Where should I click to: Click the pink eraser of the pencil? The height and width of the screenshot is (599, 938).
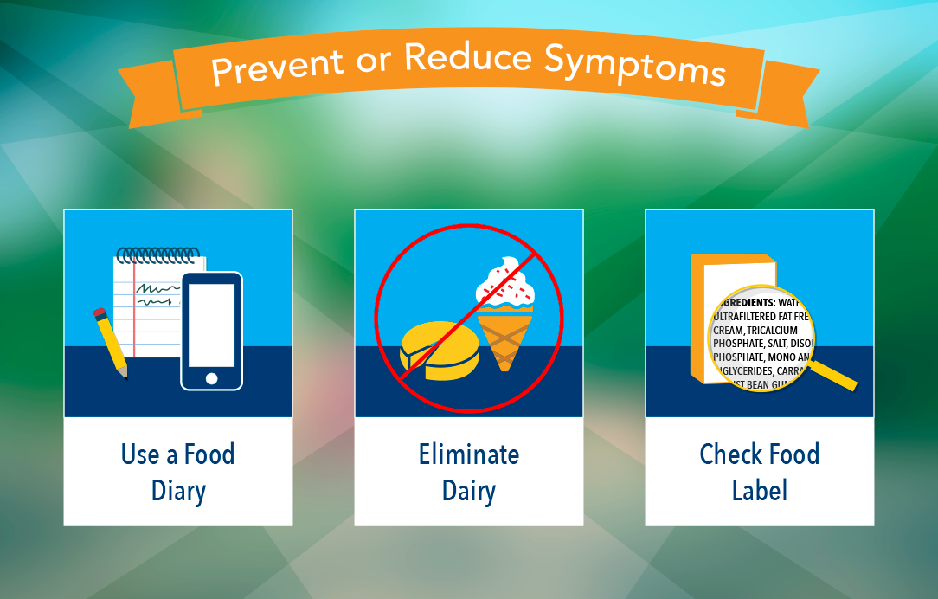(x=99, y=312)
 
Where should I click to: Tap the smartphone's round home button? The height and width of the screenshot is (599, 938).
(x=211, y=378)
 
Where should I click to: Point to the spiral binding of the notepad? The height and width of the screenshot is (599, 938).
(x=160, y=256)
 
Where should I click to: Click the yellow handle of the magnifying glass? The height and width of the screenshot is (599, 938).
(x=832, y=374)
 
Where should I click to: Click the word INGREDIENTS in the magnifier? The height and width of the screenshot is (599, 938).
(x=743, y=303)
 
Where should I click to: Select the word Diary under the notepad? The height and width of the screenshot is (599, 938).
(x=178, y=491)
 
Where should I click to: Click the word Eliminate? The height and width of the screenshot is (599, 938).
(x=469, y=454)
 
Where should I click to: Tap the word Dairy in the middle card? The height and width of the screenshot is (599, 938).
(x=469, y=491)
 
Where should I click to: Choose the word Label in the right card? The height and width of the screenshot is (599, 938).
(x=760, y=491)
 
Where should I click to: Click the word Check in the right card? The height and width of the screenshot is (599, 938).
(x=726, y=454)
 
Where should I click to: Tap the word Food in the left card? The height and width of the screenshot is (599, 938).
(x=209, y=454)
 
